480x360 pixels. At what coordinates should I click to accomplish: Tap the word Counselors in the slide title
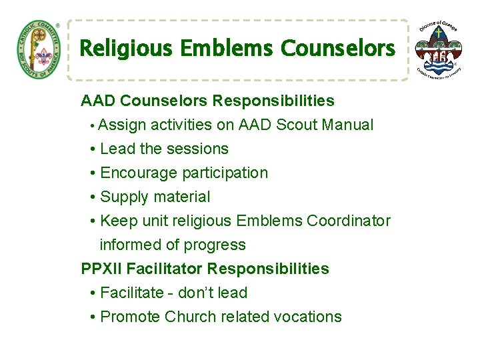(338, 49)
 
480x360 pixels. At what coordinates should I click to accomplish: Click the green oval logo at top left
(38, 49)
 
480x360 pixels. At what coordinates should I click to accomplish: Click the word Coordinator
(349, 221)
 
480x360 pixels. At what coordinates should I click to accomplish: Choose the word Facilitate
(132, 293)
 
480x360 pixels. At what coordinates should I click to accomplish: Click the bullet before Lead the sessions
(92, 149)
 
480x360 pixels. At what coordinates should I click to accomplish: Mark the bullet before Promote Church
(92, 317)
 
